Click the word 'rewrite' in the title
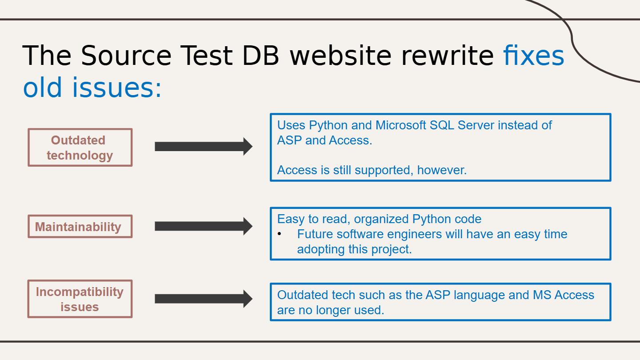448,56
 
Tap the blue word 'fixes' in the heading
534,56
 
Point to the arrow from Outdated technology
204,147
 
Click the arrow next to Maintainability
204,226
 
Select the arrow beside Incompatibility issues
204,299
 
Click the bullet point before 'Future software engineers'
280,234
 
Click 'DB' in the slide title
260,56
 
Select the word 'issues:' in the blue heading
117,88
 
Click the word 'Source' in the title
126,56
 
